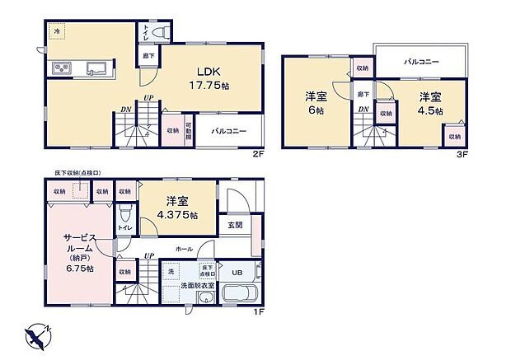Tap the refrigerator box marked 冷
tap(58, 32)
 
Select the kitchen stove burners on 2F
tap(63, 68)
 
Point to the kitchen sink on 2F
tap(93, 68)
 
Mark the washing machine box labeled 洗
tap(172, 271)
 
